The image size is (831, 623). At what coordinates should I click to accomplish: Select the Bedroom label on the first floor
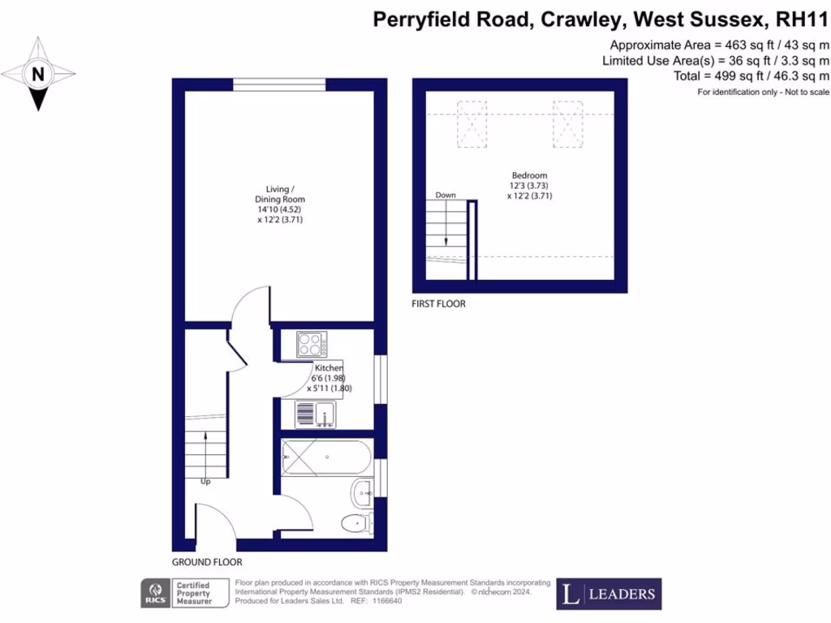click(x=529, y=175)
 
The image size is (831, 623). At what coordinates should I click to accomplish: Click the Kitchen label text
click(x=329, y=368)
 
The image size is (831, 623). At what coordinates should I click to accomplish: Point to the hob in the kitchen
click(x=311, y=345)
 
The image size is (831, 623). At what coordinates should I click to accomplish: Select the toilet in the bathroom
click(x=358, y=522)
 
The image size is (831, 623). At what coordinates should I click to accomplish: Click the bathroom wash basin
click(x=363, y=490)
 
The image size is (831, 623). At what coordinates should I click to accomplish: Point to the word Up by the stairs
click(x=205, y=481)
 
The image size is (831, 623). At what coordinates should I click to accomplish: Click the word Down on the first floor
click(x=446, y=195)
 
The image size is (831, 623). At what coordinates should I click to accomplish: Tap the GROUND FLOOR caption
click(x=207, y=562)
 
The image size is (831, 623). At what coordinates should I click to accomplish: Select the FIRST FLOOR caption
click(x=439, y=304)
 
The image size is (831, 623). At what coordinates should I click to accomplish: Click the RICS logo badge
click(x=155, y=593)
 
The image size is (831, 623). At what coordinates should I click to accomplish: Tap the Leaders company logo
click(x=609, y=594)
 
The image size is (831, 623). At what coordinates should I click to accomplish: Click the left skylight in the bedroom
click(x=471, y=124)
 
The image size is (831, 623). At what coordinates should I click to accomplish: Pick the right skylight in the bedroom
click(x=568, y=124)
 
